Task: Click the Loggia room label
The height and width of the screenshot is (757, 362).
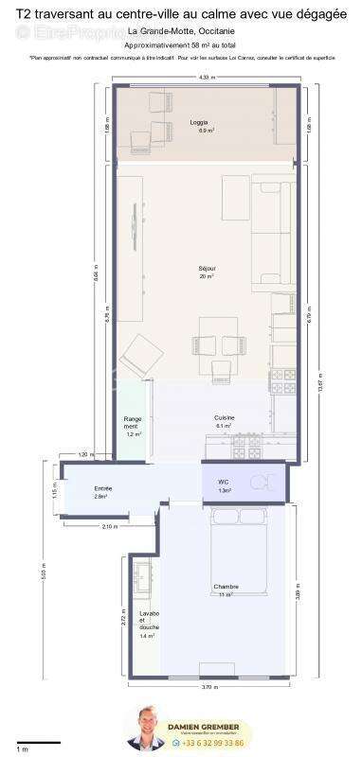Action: point(198,123)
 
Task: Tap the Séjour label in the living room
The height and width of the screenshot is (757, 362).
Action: point(206,269)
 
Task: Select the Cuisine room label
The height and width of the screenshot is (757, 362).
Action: point(224,417)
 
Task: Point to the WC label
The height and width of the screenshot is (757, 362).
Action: point(225,482)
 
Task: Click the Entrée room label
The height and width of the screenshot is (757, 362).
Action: point(100,488)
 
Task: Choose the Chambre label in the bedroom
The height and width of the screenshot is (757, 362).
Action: point(226,587)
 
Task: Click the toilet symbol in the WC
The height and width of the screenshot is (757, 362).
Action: point(259,483)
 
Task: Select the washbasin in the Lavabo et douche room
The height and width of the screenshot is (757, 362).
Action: point(144,575)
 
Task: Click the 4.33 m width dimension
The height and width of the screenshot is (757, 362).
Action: point(203,78)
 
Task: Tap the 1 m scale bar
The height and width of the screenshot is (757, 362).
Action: point(38,742)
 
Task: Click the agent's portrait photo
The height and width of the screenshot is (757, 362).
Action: point(148,728)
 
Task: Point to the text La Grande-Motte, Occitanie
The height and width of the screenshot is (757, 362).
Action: point(182,33)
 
